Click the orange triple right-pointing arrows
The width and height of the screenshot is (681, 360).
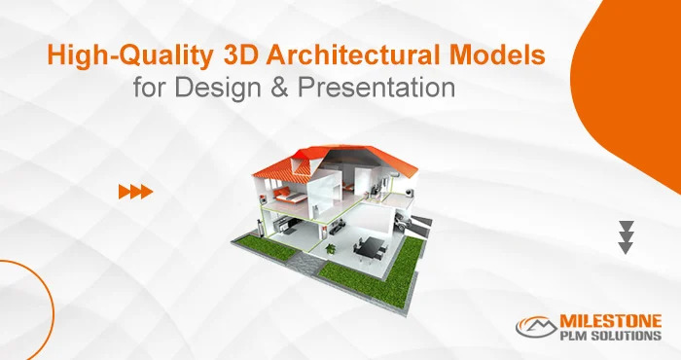click(135, 192)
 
